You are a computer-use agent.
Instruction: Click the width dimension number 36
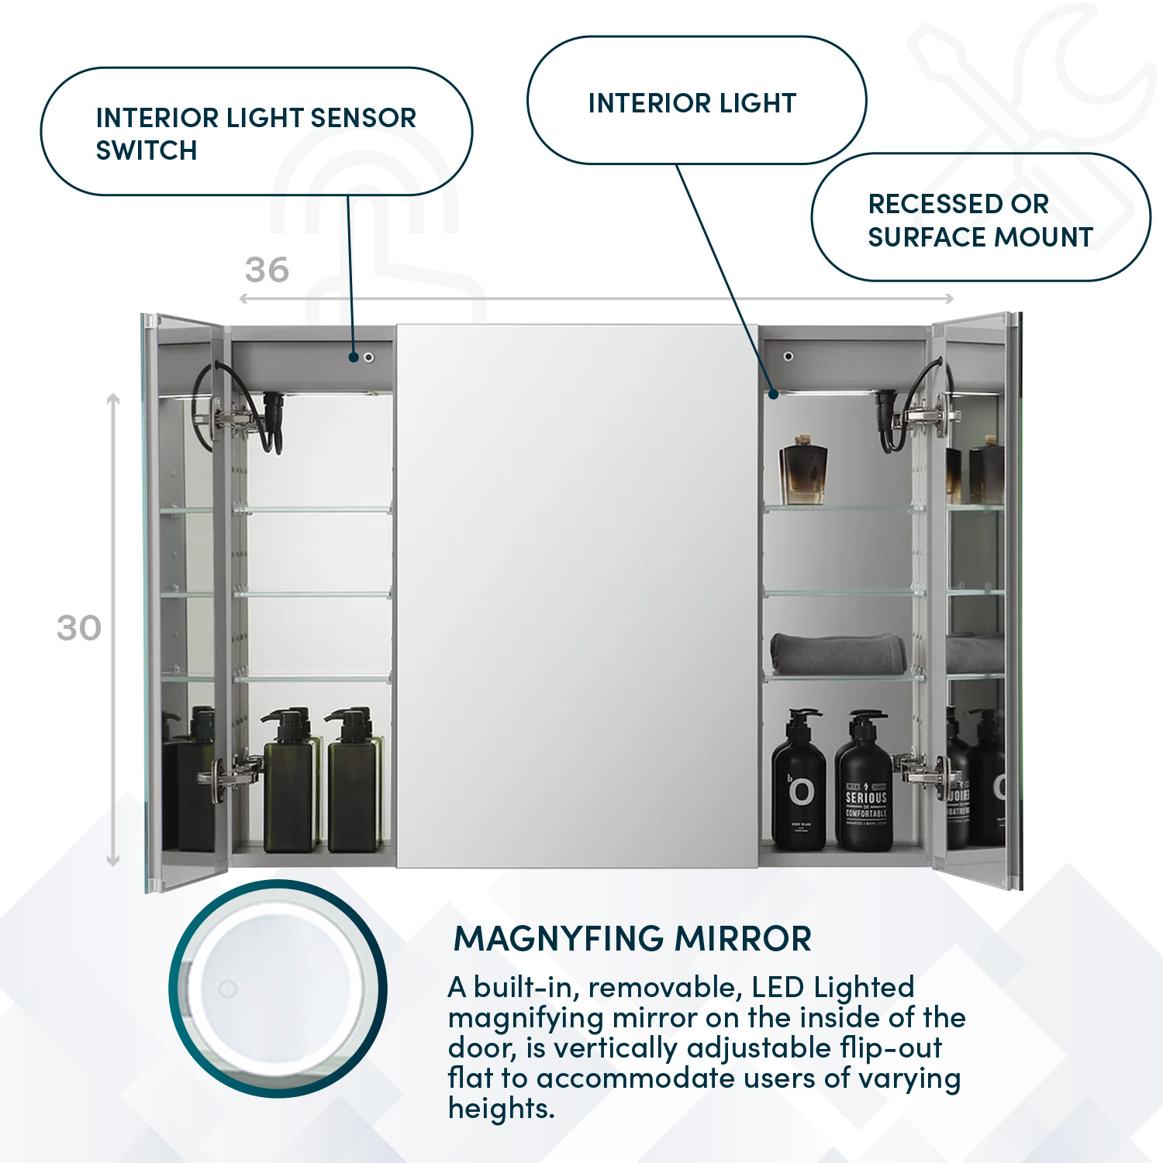(267, 270)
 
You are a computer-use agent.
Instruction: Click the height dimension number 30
(78, 628)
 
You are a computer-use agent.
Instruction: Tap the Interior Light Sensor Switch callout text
(256, 133)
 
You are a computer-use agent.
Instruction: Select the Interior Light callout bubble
(692, 102)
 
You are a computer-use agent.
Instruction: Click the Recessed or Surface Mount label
(980, 219)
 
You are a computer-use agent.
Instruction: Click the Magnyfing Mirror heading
(632, 938)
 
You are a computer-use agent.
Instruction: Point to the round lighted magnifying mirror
(278, 989)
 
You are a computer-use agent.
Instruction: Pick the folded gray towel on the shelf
(838, 653)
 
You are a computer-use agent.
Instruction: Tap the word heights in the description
(501, 1109)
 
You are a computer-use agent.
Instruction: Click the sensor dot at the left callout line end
(354, 357)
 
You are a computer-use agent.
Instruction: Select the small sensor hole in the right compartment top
(788, 356)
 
